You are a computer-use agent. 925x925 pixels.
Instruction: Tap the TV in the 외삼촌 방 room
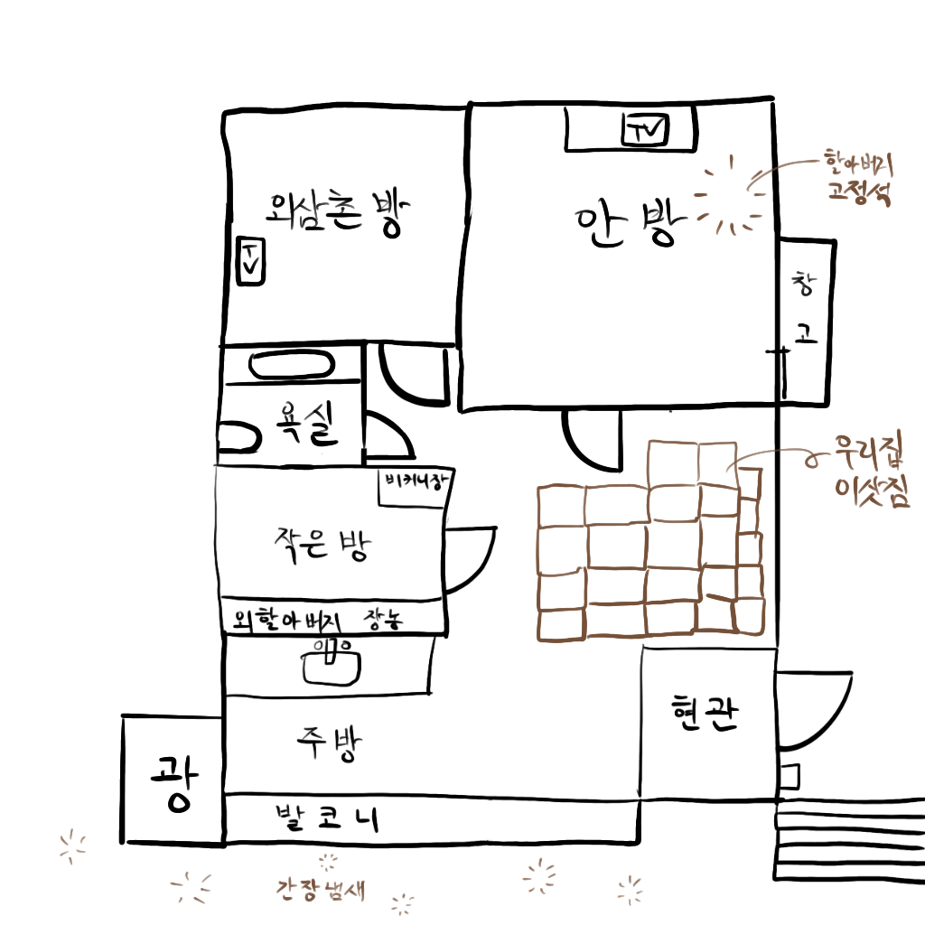(250, 260)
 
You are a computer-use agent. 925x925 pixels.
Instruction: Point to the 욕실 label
(304, 422)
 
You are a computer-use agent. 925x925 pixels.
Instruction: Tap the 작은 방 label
(322, 544)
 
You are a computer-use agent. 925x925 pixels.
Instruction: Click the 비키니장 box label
(416, 482)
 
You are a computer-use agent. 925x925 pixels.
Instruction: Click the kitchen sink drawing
(332, 661)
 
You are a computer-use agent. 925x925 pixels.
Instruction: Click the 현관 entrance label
(705, 714)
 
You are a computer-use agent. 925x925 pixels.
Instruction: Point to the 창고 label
(804, 309)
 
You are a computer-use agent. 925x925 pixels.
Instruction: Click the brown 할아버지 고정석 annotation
(858, 177)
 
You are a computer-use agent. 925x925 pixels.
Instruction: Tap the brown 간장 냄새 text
(320, 889)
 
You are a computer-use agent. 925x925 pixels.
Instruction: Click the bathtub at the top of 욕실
(291, 366)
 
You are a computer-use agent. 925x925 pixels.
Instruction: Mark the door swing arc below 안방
(589, 440)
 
